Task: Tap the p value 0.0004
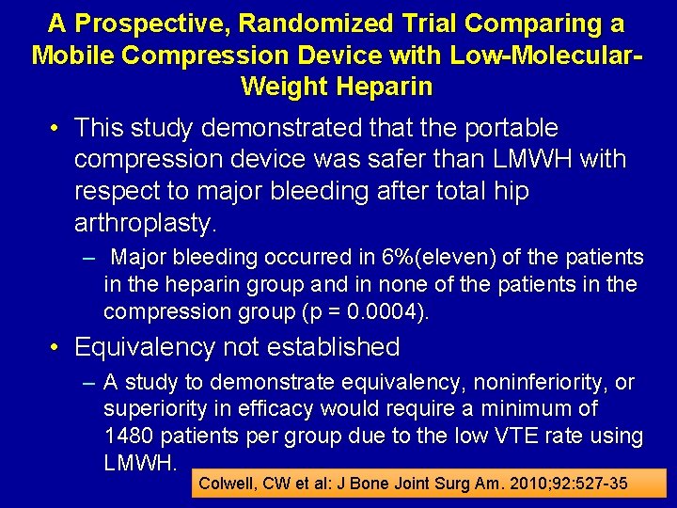[395, 311]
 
